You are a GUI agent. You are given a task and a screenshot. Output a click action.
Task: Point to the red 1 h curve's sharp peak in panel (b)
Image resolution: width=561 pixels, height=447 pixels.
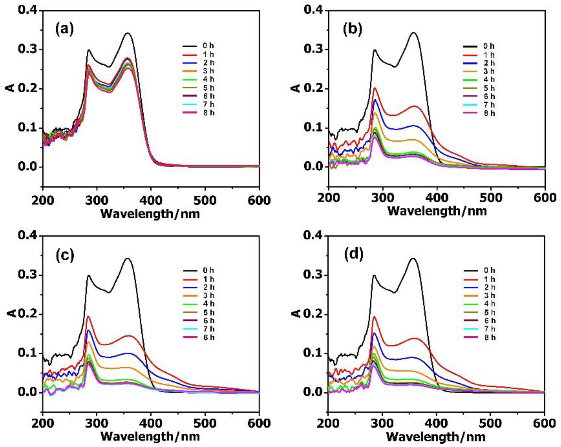click(375, 88)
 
